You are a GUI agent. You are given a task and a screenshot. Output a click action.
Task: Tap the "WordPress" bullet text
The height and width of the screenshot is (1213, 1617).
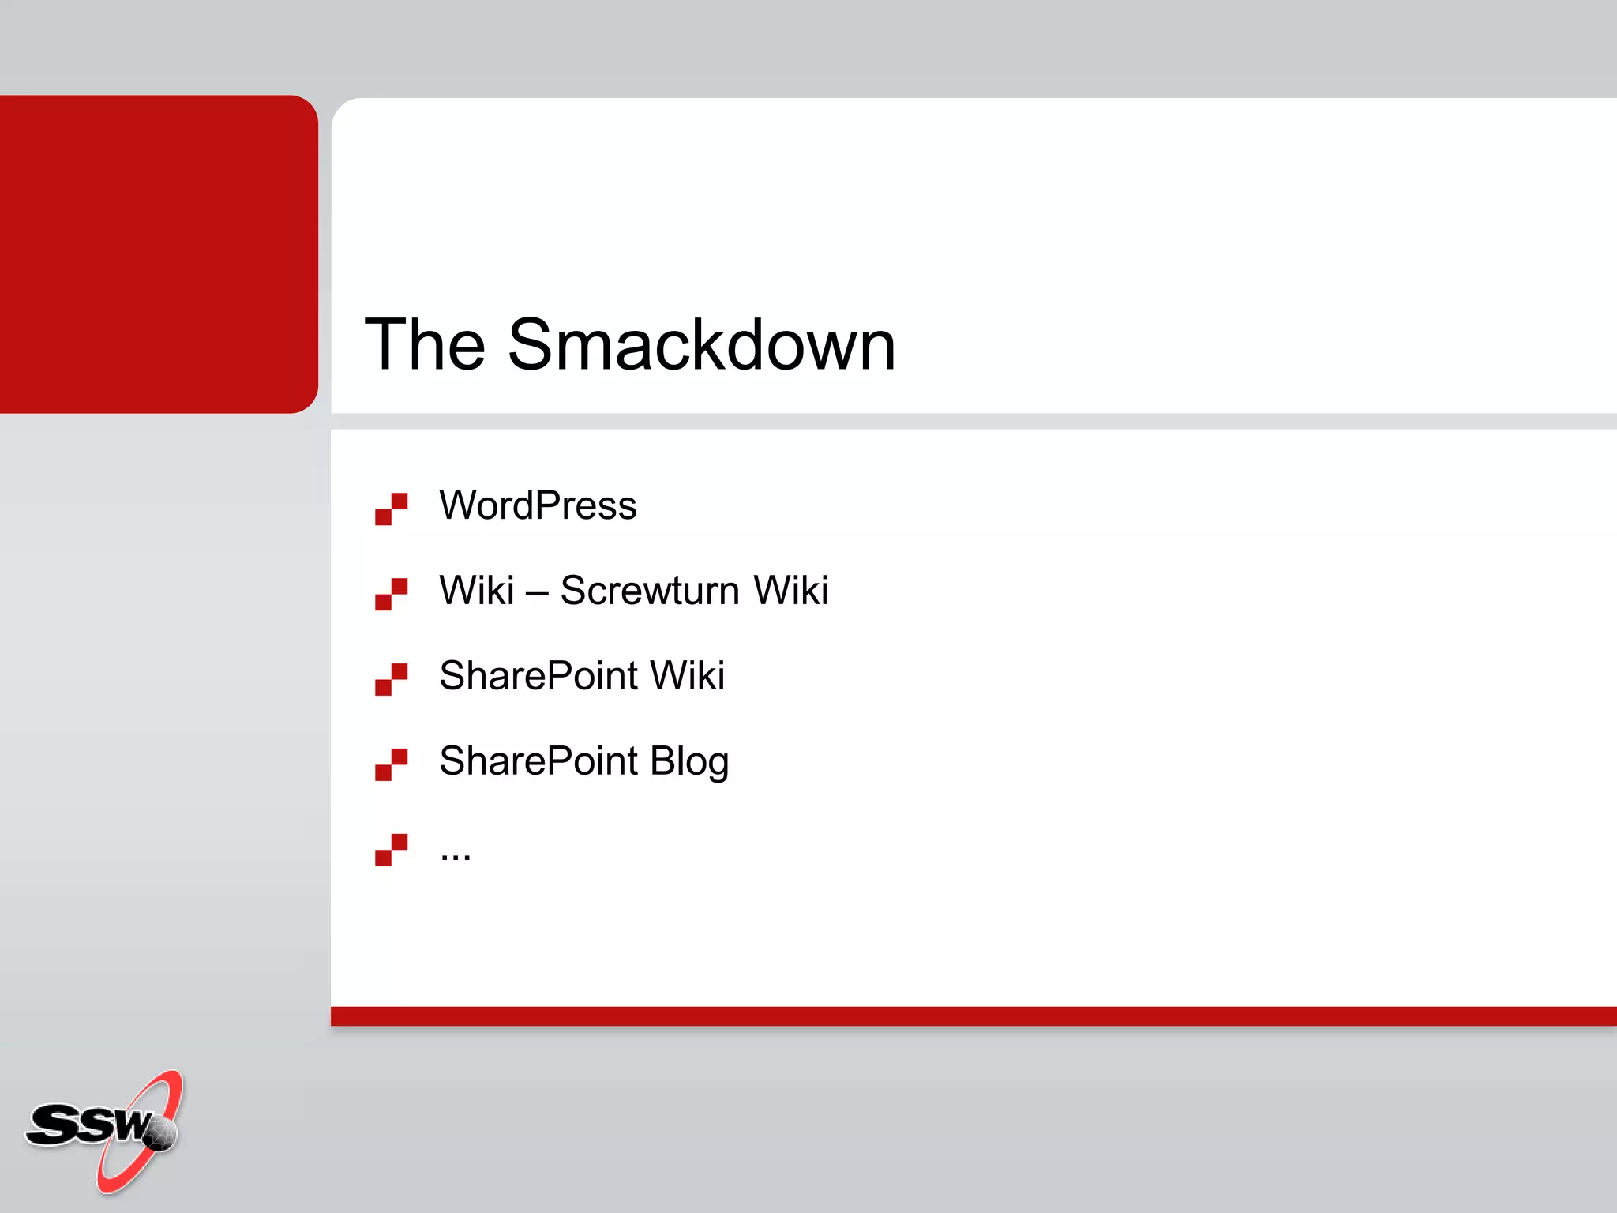(x=538, y=505)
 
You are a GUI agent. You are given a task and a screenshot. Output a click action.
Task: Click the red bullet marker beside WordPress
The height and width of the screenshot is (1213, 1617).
(x=391, y=509)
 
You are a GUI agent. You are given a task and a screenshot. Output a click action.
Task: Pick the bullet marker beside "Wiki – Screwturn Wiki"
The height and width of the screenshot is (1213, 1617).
(x=391, y=594)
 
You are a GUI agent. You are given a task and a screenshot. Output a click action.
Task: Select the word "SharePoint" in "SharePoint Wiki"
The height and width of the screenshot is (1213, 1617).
(x=538, y=676)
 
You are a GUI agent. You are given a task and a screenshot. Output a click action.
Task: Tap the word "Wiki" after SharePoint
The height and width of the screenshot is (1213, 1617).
(x=687, y=676)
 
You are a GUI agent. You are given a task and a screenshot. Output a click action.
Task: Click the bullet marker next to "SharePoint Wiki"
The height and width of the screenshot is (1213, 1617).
(x=391, y=679)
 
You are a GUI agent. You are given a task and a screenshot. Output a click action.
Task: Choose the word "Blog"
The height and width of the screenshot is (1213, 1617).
(x=688, y=762)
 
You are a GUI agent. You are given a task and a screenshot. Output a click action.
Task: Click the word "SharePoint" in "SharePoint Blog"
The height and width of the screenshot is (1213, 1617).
(x=538, y=761)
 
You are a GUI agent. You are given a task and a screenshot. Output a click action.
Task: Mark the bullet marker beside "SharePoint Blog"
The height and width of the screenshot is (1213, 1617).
(x=391, y=764)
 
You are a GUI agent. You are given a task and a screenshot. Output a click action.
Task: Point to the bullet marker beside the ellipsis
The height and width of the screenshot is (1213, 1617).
(x=391, y=850)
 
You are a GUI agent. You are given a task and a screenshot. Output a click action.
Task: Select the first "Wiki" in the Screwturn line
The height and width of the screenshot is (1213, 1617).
(x=477, y=591)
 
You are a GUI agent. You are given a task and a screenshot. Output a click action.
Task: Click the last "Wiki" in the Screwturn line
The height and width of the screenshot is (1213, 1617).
(x=790, y=591)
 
